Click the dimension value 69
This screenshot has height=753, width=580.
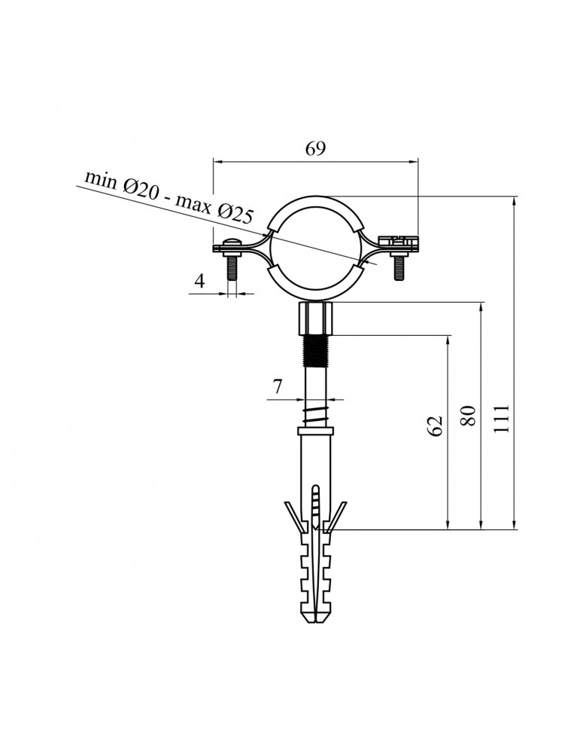point(315,148)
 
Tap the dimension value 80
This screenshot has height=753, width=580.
point(469,415)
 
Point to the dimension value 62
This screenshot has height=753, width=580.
point(436,424)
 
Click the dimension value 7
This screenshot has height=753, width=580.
point(277,387)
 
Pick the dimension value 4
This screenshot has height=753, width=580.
point(199,282)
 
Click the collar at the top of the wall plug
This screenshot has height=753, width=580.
point(316,431)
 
